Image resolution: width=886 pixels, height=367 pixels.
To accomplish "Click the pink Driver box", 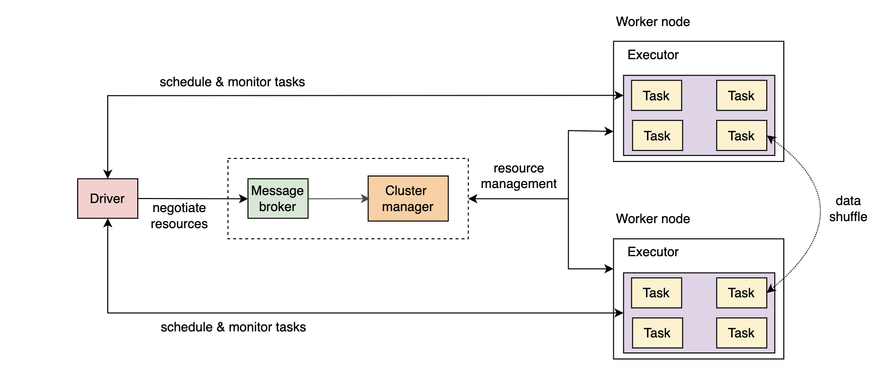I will coord(107,199).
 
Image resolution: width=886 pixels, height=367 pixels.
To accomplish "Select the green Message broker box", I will coord(278,199).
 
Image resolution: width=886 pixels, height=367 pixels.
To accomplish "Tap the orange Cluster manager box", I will coord(408,199).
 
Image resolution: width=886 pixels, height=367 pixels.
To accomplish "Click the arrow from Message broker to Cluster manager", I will coord(338,199).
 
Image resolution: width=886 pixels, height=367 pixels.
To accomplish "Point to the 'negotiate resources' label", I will coord(179,216).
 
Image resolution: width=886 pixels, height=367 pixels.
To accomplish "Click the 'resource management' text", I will coord(518,176).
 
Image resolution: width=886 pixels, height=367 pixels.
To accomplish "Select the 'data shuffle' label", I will coord(847,209).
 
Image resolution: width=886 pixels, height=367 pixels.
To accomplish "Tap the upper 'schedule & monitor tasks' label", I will coord(232,82).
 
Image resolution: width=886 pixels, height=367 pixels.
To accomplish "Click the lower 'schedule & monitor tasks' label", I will coord(233,327).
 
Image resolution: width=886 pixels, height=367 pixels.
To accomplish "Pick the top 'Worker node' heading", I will coord(652,22).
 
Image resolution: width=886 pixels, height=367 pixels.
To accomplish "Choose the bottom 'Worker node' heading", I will coord(652,219).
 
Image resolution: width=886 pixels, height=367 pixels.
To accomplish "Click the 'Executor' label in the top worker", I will coord(652,55).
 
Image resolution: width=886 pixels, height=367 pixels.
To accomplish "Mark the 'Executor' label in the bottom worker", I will coord(652,252).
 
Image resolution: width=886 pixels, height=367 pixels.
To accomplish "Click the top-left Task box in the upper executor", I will coord(656,95).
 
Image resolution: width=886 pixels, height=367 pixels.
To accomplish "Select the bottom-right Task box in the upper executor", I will coord(741,135).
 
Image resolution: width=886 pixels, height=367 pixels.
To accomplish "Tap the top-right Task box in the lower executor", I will coord(741,293).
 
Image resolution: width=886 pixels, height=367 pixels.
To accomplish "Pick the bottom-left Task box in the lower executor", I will coord(657,333).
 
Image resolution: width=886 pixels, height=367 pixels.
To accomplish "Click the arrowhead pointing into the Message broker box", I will coord(244,199).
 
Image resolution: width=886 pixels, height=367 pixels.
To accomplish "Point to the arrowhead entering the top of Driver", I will coord(107,174).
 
